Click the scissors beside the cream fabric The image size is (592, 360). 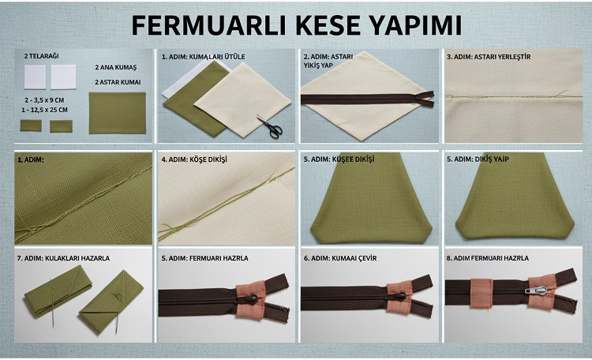click(x=268, y=126)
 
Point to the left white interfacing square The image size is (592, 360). click(x=36, y=77)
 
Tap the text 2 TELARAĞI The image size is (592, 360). click(x=41, y=56)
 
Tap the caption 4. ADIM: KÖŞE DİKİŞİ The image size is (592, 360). click(x=193, y=159)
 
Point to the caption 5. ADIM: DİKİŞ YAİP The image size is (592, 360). click(x=480, y=159)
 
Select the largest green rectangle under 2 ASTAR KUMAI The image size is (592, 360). click(x=118, y=113)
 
